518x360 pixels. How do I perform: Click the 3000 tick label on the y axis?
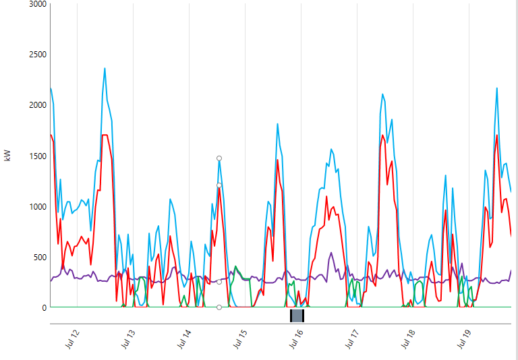[x=36, y=4]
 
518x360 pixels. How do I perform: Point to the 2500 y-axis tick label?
[x=36, y=55]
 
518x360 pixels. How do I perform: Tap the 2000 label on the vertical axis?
[x=36, y=105]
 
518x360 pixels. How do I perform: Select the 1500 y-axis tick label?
[x=36, y=156]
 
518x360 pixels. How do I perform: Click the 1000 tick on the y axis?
[x=36, y=206]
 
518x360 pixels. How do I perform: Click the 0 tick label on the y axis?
[x=44, y=307]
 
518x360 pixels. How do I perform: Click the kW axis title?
[x=8, y=156]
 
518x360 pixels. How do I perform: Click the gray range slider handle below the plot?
[x=297, y=316]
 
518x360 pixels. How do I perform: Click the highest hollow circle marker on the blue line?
[x=219, y=158]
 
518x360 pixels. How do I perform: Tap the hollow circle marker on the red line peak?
[x=219, y=185]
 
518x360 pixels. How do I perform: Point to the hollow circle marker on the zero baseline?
[x=219, y=307]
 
